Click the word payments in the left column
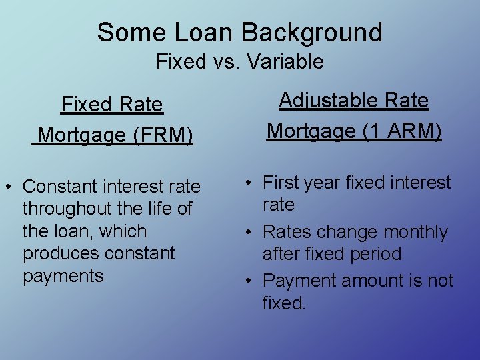pyautogui.click(x=63, y=276)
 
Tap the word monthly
pyautogui.click(x=415, y=232)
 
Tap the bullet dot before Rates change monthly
pyautogui.click(x=247, y=233)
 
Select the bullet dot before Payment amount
pyautogui.click(x=247, y=281)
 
